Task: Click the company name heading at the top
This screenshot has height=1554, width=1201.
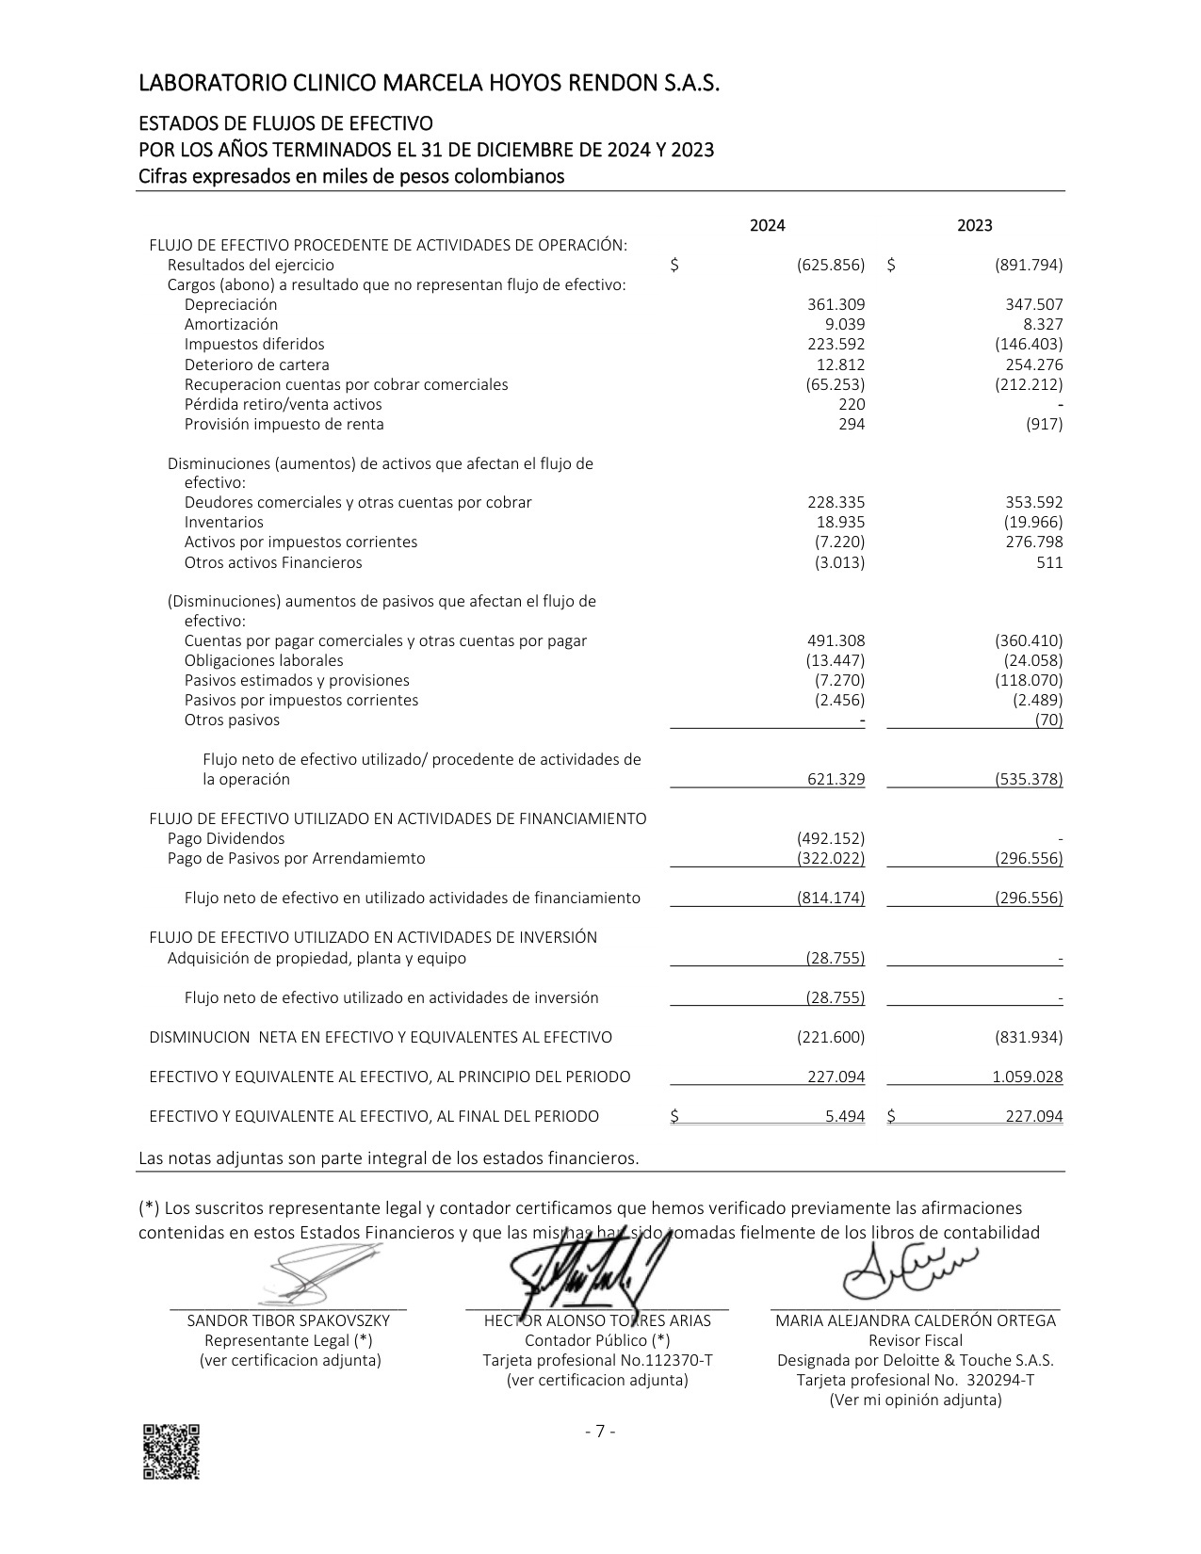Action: pyautogui.click(x=429, y=85)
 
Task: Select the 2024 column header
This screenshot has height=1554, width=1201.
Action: pyautogui.click(x=767, y=226)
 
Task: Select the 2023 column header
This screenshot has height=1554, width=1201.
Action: pyautogui.click(x=974, y=226)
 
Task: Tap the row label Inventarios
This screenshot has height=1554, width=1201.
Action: pyautogui.click(x=224, y=523)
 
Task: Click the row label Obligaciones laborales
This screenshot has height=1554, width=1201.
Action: pyautogui.click(x=264, y=661)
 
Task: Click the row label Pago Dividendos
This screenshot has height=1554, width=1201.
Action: pyautogui.click(x=226, y=839)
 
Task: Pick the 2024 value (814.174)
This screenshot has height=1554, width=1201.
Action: pyautogui.click(x=831, y=898)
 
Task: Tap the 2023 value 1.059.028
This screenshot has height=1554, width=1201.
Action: pyautogui.click(x=1027, y=1077)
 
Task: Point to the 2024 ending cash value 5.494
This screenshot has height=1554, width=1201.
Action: pyautogui.click(x=845, y=1117)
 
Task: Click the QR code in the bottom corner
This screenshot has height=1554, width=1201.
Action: pyautogui.click(x=170, y=1451)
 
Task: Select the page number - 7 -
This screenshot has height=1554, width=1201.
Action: pyautogui.click(x=600, y=1433)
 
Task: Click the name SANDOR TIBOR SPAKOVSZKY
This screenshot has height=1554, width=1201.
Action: pyautogui.click(x=288, y=1321)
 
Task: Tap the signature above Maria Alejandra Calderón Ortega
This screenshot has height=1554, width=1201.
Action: pyautogui.click(x=909, y=1271)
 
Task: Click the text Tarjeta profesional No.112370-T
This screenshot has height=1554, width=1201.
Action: pyautogui.click(x=597, y=1361)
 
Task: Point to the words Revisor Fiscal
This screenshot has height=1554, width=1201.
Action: pyautogui.click(x=915, y=1341)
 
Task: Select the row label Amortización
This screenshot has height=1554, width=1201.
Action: pyautogui.click(x=231, y=325)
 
